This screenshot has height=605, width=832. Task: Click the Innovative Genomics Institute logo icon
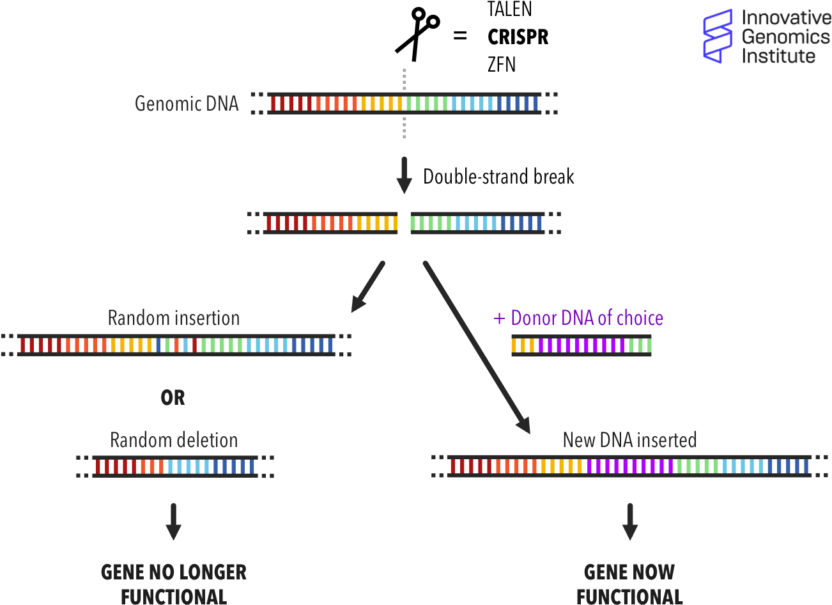[x=718, y=36]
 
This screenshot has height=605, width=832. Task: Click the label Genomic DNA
[x=187, y=104]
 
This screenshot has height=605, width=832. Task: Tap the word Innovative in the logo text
[x=786, y=18]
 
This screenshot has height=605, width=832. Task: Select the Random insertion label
[x=174, y=318]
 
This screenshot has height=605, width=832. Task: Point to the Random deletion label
[x=174, y=440]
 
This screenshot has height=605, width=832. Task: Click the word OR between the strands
[x=173, y=398]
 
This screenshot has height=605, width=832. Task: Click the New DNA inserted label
[x=629, y=440]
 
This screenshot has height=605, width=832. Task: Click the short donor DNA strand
[x=581, y=345]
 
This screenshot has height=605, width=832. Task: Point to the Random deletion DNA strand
[x=175, y=466]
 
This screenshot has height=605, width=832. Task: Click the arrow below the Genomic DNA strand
[x=404, y=174]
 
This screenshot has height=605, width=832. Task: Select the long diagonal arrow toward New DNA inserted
[x=476, y=346]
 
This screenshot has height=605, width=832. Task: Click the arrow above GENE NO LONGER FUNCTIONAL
[x=173, y=521]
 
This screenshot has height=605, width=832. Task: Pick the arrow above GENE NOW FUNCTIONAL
[x=630, y=521]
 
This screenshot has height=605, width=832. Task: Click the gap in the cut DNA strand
[x=404, y=223]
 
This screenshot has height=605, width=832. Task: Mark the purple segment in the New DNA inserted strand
[x=630, y=466]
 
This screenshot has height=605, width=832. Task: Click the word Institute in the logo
[x=778, y=56]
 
